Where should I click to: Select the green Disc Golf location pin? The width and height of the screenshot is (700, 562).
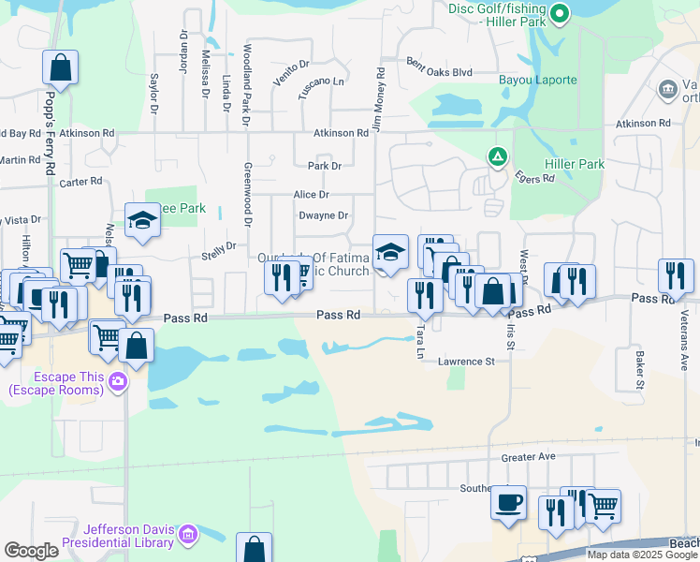point(560,13)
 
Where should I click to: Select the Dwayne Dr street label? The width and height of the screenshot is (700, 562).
point(323,215)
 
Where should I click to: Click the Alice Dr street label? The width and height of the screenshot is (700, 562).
point(311,194)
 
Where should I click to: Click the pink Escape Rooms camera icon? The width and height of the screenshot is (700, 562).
point(118,380)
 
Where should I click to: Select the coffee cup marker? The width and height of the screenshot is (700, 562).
point(508,502)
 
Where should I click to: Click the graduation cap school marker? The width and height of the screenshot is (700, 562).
point(391,251)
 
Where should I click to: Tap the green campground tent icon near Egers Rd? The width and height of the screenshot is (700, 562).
point(498,155)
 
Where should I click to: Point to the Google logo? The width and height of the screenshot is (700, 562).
point(31,551)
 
